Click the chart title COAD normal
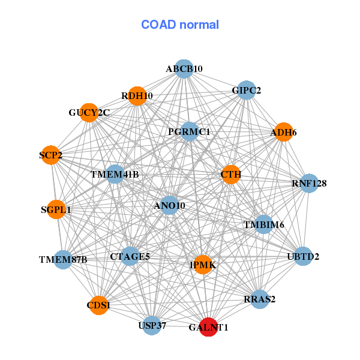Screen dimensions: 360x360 coord(180,25)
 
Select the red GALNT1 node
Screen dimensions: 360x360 coord(208,327)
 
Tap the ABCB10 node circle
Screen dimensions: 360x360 coord(184,69)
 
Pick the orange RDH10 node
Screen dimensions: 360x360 coord(137,96)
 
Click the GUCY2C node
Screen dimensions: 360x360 coord(89,113)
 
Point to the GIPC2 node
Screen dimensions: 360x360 coord(247,91)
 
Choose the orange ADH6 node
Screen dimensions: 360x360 coord(283,132)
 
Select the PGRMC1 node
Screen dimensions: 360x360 coord(189,131)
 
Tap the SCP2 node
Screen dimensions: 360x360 coord(52,156)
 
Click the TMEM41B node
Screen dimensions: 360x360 coord(115,175)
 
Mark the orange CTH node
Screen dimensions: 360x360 coord(231,175)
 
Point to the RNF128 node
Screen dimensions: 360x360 coord(309,183)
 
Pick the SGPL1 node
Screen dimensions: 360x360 coord(56,210)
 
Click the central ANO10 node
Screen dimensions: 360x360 coord(170,206)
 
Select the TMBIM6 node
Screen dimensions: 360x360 coord(263,224)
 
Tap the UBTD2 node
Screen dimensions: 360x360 coord(304,257)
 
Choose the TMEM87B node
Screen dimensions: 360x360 coord(63,260)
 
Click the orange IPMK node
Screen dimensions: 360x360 coord(203,265)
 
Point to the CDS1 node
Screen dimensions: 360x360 coord(98,305)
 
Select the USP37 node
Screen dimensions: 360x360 coord(152,325)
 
